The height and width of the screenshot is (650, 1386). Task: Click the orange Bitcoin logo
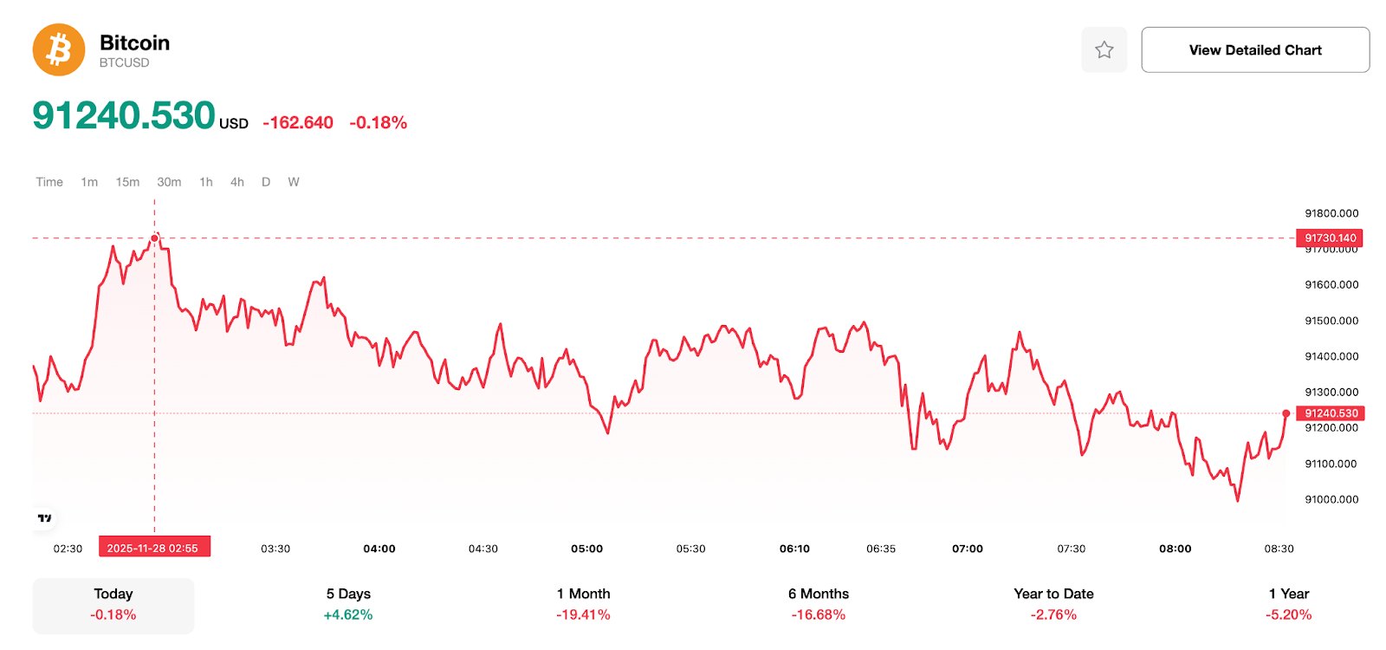point(59,49)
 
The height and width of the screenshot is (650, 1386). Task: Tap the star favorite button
point(1104,49)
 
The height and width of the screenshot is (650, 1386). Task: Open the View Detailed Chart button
point(1254,49)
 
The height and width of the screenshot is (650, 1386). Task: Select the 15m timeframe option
point(127,182)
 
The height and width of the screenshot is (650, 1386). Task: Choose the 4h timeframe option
point(236,182)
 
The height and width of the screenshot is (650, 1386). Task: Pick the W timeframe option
point(294,182)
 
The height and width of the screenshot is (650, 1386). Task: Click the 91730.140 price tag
point(1330,237)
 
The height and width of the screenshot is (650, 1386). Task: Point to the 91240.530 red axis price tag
point(1330,413)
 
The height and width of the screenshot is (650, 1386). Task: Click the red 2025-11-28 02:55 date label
point(153,548)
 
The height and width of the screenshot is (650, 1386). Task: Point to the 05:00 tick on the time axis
point(586,549)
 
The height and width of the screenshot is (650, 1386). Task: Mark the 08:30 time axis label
point(1279,549)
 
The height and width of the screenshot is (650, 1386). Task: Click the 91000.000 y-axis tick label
point(1331,499)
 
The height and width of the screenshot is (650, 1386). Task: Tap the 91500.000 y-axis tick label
point(1331,321)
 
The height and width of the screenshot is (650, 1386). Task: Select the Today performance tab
point(113,604)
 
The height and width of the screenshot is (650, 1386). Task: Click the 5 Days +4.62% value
point(348,614)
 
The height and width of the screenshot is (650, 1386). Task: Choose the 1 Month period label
point(583,594)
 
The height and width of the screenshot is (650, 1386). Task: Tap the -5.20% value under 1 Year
point(1288,614)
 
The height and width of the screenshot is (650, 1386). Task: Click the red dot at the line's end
point(1286,413)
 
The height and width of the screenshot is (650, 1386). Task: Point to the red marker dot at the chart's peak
point(155,237)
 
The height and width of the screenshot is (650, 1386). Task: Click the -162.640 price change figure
point(298,122)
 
